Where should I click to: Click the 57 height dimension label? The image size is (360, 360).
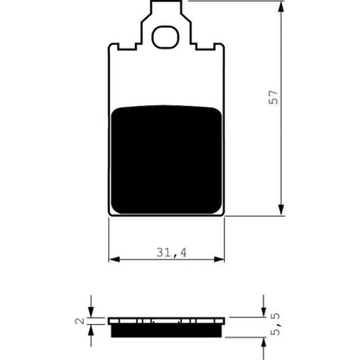[274, 97]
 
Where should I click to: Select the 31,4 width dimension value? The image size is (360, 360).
[171, 253]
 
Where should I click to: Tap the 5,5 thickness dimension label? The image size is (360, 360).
[274, 324]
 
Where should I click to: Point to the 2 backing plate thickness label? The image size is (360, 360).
[79, 320]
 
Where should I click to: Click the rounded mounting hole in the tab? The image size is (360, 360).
[165, 37]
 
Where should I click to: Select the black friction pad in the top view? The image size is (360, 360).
[166, 159]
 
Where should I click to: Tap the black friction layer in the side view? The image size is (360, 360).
[166, 331]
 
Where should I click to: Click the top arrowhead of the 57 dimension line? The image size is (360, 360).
[281, 6]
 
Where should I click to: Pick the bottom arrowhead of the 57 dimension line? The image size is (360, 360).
[281, 210]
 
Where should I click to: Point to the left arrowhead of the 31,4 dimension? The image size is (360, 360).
[114, 259]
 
